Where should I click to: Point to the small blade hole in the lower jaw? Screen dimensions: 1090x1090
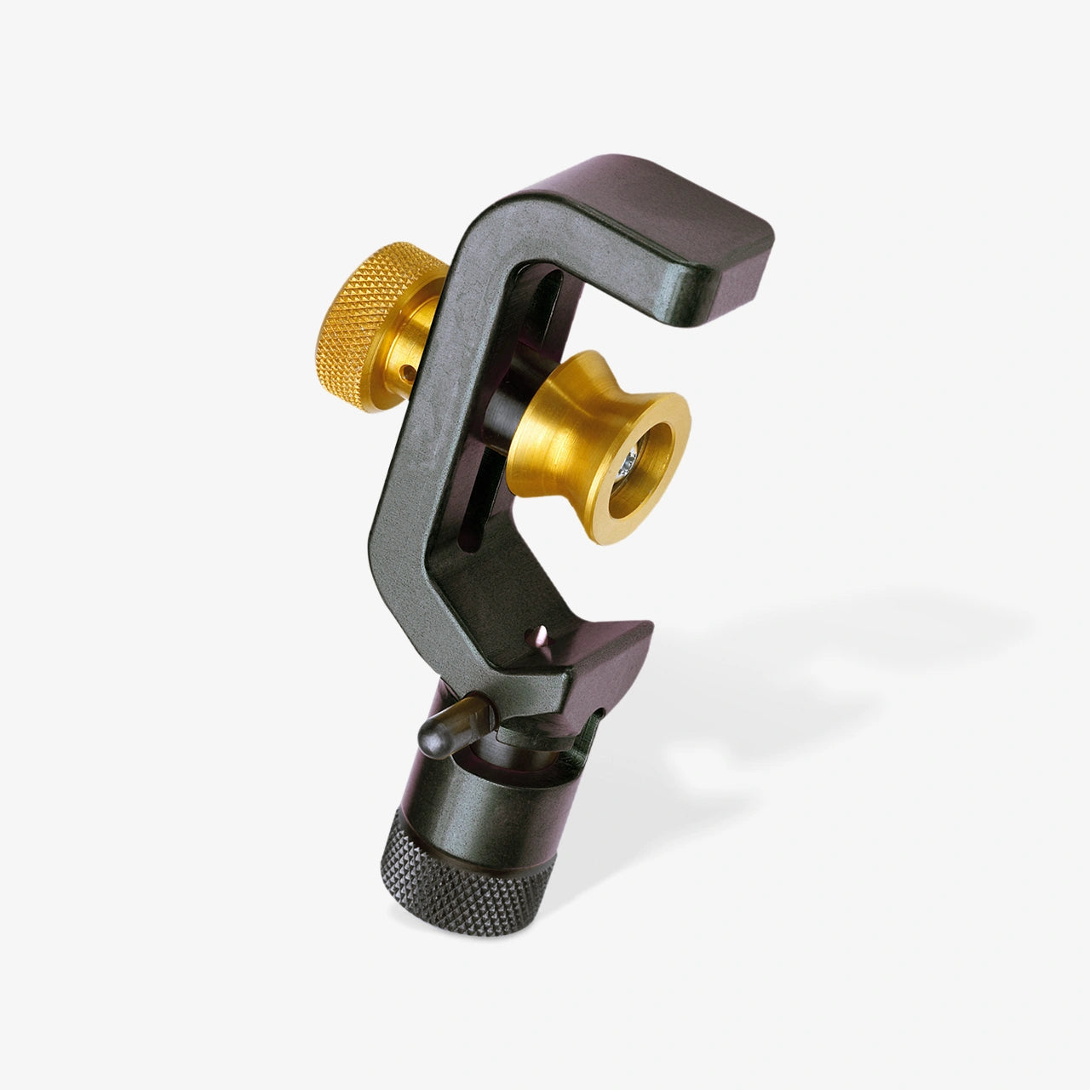click(537, 634)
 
